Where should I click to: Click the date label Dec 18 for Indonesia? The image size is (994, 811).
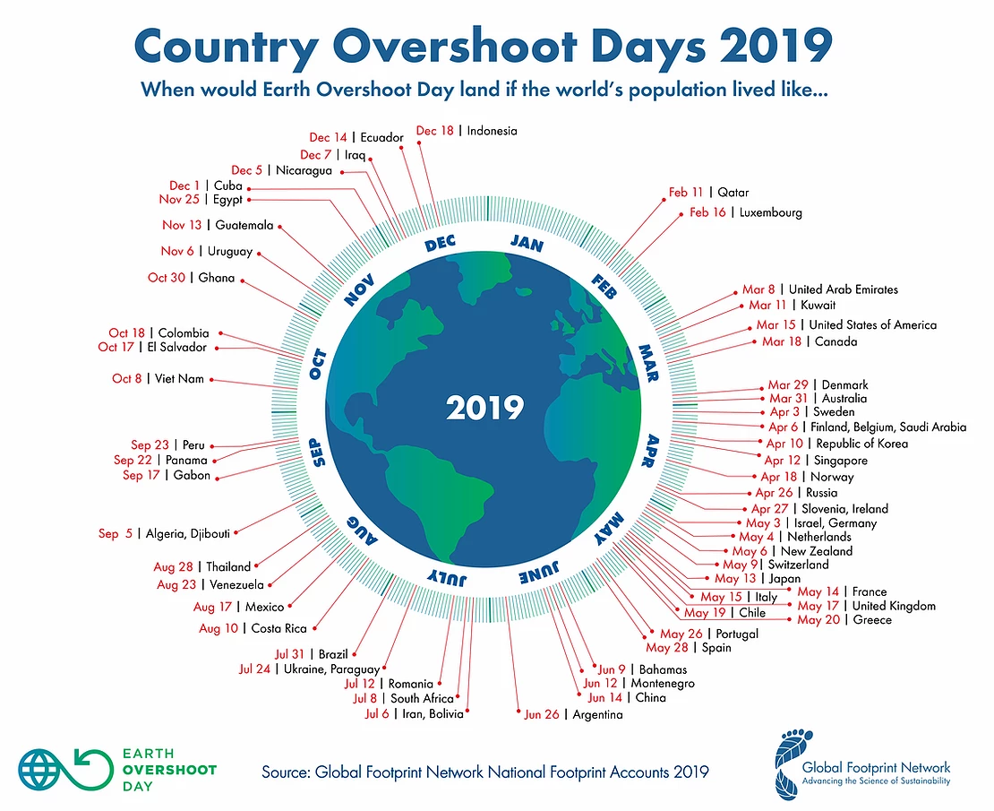click(x=435, y=131)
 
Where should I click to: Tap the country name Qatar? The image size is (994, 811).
click(x=733, y=193)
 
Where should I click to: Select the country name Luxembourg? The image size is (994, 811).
click(x=770, y=213)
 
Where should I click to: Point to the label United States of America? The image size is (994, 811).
click(x=873, y=325)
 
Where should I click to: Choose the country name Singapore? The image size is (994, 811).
click(x=840, y=461)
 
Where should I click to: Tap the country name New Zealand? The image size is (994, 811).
click(x=817, y=551)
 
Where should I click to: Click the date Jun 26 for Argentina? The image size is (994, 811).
click(x=542, y=715)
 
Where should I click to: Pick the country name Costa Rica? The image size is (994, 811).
click(x=278, y=628)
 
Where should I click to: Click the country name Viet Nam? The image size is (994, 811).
click(x=179, y=379)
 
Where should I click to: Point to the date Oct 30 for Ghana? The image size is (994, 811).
click(x=167, y=278)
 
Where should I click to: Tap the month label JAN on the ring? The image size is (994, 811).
click(x=526, y=243)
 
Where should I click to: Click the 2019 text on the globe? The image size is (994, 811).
click(x=484, y=408)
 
